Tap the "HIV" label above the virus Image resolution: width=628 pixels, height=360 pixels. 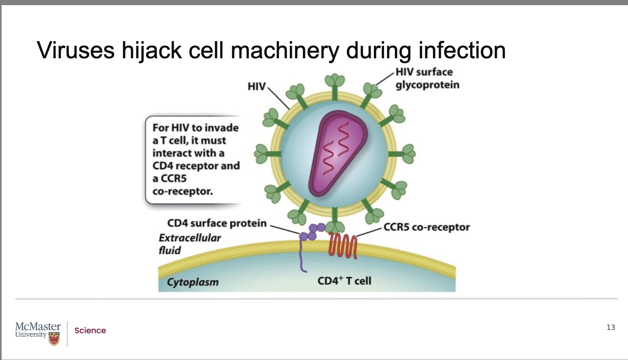pyautogui.click(x=257, y=86)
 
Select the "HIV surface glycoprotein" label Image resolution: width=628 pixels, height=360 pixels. pyautogui.click(x=427, y=78)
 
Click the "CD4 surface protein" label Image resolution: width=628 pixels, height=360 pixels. pyautogui.click(x=217, y=223)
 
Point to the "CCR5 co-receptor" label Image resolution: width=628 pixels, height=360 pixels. pyautogui.click(x=426, y=227)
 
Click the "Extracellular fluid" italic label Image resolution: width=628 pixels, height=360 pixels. pyautogui.click(x=189, y=244)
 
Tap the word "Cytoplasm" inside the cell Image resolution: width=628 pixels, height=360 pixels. pyautogui.click(x=193, y=282)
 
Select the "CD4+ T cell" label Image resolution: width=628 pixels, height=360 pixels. pyautogui.click(x=344, y=281)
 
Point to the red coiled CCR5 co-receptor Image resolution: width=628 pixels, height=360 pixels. pyautogui.click(x=343, y=245)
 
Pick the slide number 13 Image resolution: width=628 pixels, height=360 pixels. pyautogui.click(x=611, y=327)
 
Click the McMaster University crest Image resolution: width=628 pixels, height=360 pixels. pyautogui.click(x=54, y=339)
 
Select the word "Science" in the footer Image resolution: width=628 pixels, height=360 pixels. pyautogui.click(x=90, y=331)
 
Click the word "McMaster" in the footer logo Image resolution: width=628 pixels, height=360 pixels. pyautogui.click(x=38, y=326)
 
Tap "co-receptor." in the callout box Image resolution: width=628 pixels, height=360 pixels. pyautogui.click(x=182, y=191)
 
